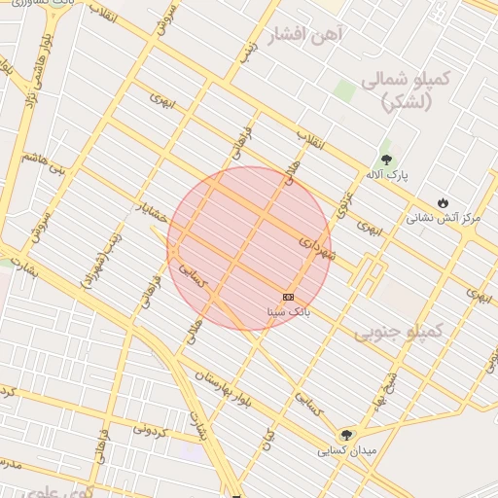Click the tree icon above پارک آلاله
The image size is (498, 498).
[387, 159]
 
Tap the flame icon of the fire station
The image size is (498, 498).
[444, 202]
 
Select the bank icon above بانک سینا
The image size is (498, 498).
[288, 296]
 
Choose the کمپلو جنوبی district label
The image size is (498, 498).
[398, 332]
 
